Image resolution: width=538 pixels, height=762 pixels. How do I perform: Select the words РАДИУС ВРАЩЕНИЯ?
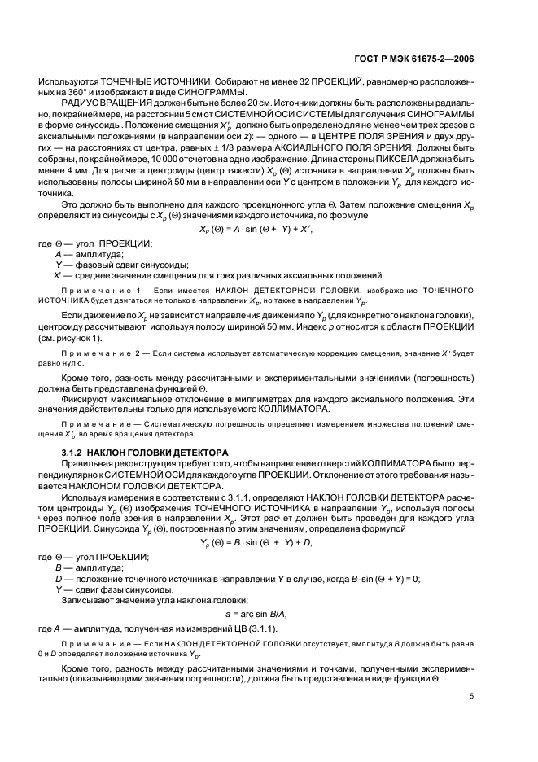coord(103,105)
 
